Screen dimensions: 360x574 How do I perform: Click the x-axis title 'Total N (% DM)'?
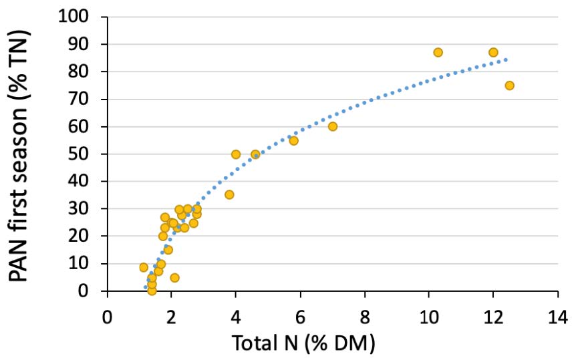[x=303, y=343]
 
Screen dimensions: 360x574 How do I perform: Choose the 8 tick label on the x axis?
[x=365, y=314]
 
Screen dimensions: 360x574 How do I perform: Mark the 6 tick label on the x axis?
[x=301, y=314]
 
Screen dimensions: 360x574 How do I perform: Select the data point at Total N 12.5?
[x=509, y=85]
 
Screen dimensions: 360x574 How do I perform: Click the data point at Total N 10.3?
[x=438, y=52]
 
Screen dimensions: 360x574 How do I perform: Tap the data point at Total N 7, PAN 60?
[x=333, y=126]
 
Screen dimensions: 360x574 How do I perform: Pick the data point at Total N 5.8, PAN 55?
[x=293, y=140]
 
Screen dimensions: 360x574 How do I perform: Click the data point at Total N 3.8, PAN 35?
[x=229, y=194]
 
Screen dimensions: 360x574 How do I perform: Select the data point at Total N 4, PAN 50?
[x=236, y=154]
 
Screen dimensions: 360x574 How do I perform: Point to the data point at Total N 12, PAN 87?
[x=493, y=52]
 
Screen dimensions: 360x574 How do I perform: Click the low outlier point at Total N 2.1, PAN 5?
[x=174, y=277]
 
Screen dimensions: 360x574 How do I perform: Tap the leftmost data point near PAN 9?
[x=144, y=267]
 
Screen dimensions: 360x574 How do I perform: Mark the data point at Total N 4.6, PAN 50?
[x=255, y=154]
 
